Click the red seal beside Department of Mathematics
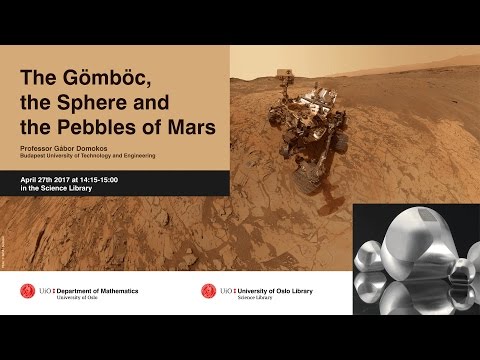point(28,291)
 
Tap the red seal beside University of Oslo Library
point(208,291)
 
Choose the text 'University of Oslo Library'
point(275,289)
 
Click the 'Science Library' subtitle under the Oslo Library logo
point(254,297)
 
